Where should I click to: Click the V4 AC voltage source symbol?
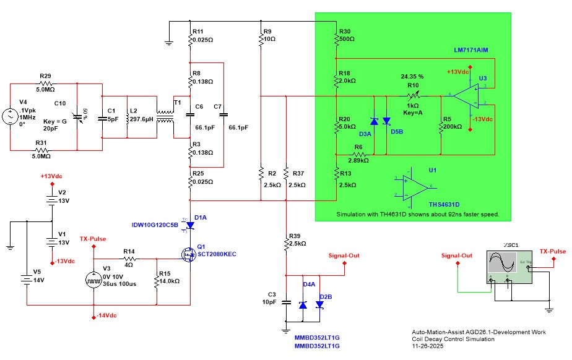click(11, 116)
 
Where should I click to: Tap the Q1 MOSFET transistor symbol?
click(188, 253)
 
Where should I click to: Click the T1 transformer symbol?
click(165, 115)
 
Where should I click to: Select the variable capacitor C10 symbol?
click(77, 116)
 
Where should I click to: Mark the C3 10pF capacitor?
click(286, 303)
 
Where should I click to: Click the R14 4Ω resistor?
click(128, 259)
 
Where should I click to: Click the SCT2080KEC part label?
click(217, 254)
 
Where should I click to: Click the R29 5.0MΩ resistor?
click(44, 82)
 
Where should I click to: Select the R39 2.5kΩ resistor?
click(286, 245)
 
